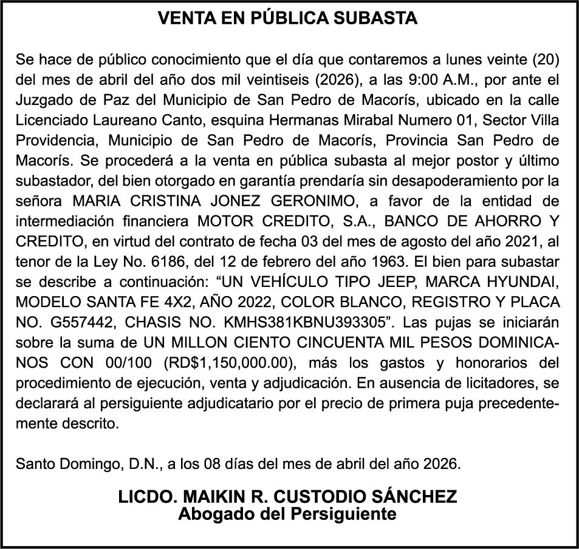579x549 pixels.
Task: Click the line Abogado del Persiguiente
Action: pyautogui.click(x=287, y=514)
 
